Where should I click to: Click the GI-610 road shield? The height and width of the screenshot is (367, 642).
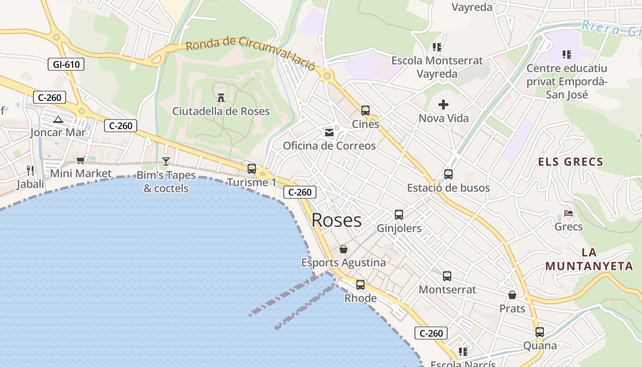click(66, 65)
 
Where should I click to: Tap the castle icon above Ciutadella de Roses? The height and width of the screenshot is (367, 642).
click(221, 97)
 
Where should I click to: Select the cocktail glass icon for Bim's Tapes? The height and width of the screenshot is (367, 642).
click(166, 161)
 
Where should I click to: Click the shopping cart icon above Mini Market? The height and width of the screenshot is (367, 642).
click(81, 160)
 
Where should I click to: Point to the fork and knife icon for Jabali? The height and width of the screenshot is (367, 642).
click(30, 171)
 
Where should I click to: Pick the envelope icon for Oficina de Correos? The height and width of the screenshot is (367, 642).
click(329, 133)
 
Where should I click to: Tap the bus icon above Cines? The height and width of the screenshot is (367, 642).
click(365, 111)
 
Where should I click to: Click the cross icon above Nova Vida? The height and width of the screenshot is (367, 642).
click(443, 105)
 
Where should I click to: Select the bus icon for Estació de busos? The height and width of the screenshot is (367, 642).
click(448, 174)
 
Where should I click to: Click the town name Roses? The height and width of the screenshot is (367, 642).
click(337, 220)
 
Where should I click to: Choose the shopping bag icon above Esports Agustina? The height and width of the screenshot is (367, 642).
click(343, 249)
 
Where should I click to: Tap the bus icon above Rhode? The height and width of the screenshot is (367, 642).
click(360, 285)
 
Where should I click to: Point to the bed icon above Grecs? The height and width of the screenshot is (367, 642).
click(569, 213)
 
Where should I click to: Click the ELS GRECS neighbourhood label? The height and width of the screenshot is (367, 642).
click(570, 162)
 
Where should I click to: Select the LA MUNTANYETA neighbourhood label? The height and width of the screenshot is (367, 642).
click(589, 259)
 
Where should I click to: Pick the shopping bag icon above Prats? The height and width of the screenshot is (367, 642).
click(512, 295)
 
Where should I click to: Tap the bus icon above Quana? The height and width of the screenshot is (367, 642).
click(540, 332)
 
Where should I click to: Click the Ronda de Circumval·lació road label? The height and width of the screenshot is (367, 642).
click(250, 54)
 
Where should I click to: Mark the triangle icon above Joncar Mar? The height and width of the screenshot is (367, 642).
click(58, 120)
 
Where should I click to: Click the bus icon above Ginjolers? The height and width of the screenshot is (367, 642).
click(399, 215)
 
